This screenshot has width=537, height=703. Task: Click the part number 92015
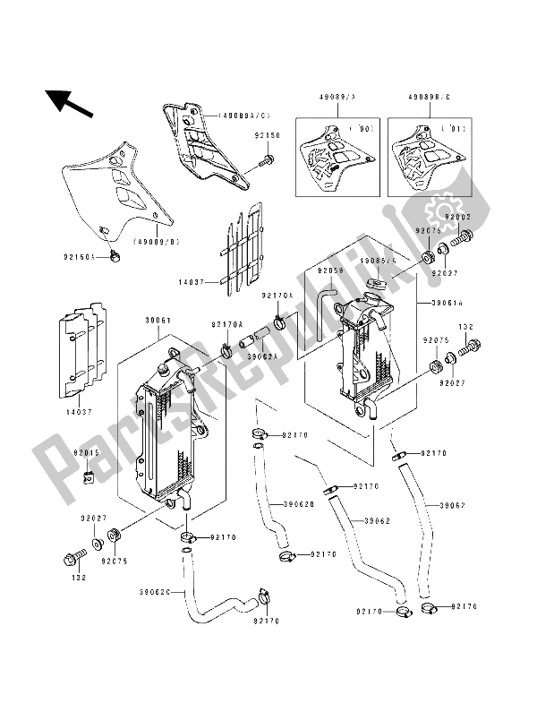(x=88, y=453)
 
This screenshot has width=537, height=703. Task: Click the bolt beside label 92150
(x=266, y=163)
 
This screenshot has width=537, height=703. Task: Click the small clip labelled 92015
(x=89, y=475)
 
